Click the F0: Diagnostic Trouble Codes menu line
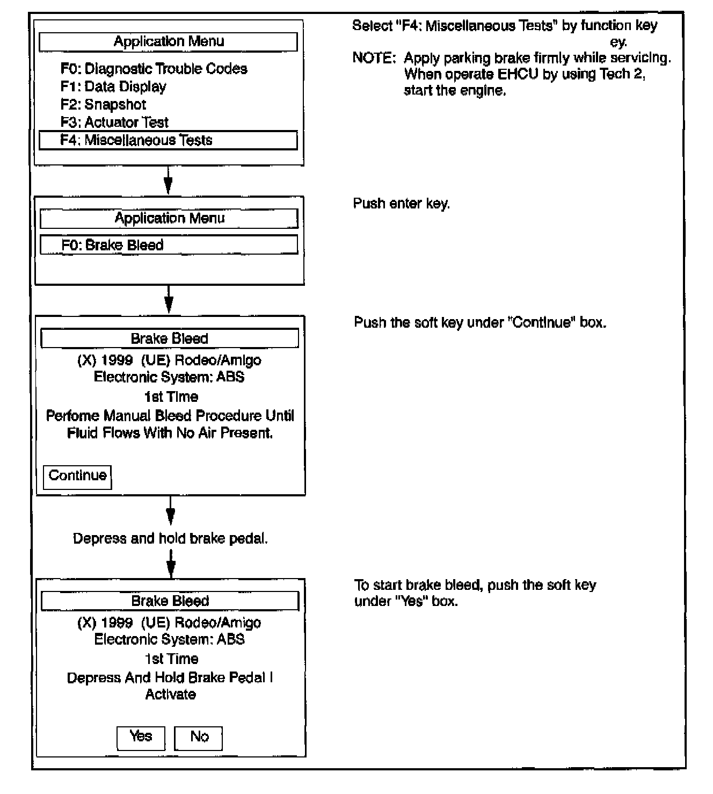point(154,69)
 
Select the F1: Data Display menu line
point(113,86)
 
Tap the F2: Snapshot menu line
point(103,104)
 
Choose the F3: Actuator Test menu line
point(114,122)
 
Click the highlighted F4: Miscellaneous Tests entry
point(168,140)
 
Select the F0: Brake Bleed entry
point(169,245)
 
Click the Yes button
point(141,737)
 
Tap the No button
point(199,737)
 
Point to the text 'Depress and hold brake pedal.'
point(170,538)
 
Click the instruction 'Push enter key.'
point(401,204)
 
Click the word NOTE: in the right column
point(374,58)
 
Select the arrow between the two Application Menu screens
point(168,181)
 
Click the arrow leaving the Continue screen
point(170,510)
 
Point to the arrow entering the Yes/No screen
point(171,564)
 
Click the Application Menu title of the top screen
point(169,42)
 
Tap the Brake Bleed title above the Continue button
point(170,338)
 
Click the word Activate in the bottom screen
point(170,695)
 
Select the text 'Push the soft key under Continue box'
point(479,322)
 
